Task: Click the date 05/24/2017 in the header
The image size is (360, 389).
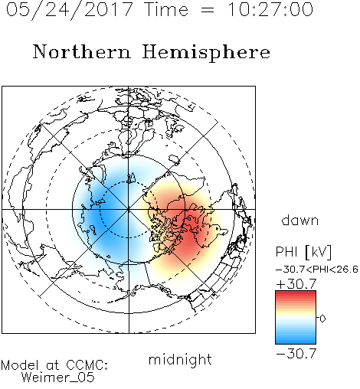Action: [x=70, y=10]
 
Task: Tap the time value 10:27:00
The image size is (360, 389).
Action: [x=270, y=9]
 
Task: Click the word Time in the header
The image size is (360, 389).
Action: [x=166, y=9]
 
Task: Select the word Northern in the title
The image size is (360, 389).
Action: [x=82, y=51]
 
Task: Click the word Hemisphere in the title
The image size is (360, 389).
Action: [x=206, y=53]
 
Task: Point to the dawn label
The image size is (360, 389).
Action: [x=300, y=220]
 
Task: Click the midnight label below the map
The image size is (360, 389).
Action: [x=180, y=359]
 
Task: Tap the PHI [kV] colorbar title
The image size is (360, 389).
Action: [x=304, y=252]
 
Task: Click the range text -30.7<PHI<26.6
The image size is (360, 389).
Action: [x=317, y=270]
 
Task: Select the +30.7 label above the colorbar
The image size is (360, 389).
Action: [x=296, y=284]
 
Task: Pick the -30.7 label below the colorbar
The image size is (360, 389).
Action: [x=296, y=354]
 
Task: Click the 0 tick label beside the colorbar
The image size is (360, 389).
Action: [x=322, y=319]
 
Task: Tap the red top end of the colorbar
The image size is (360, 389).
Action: [x=296, y=293]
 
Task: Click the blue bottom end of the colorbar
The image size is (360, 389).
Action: [x=296, y=342]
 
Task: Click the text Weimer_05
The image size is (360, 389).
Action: [x=57, y=378]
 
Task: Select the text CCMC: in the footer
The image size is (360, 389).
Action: [x=87, y=365]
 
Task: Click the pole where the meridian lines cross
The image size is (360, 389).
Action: [x=129, y=210]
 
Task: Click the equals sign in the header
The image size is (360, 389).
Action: [x=208, y=10]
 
